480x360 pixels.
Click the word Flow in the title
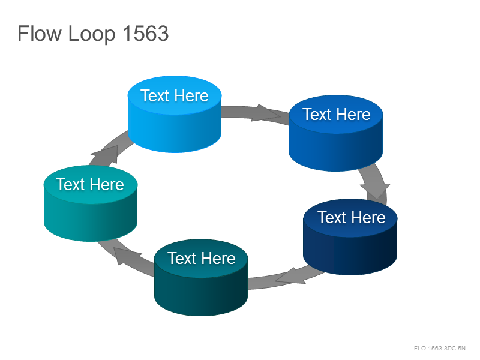[x=40, y=33]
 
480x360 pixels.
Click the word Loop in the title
[x=92, y=34]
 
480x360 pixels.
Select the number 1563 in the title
[x=146, y=33]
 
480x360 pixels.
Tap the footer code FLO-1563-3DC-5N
[x=440, y=349]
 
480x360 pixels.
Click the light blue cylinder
[x=175, y=114]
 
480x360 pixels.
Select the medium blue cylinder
[x=336, y=133]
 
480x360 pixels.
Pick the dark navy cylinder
[x=350, y=237]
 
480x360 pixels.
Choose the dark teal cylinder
[x=201, y=277]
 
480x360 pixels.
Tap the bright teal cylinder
[x=91, y=203]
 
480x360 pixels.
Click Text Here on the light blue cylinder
[x=175, y=96]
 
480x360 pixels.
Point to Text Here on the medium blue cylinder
[x=337, y=115]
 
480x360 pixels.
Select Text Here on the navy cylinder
[x=352, y=218]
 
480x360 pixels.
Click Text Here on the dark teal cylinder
[x=202, y=259]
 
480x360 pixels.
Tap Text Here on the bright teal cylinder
[x=90, y=185]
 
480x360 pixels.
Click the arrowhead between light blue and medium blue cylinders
[x=265, y=113]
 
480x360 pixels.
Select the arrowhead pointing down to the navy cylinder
[x=376, y=190]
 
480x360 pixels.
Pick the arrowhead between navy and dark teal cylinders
[x=290, y=276]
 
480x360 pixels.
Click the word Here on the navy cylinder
[x=368, y=218]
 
